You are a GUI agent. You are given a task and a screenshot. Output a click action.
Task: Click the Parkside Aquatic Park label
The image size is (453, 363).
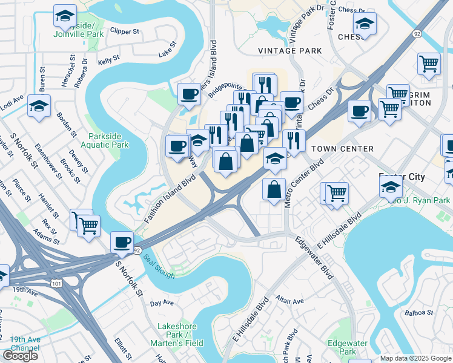[108, 140]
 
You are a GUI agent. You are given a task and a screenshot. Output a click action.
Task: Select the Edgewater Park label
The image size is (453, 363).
[348, 347]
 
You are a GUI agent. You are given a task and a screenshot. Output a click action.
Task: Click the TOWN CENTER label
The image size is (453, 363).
[342, 149]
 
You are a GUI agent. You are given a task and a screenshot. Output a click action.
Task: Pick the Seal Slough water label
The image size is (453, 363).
[159, 264]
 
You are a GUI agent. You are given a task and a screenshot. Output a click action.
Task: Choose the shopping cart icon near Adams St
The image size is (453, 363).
[88, 225]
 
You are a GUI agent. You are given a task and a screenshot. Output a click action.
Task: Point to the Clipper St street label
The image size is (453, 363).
[125, 30]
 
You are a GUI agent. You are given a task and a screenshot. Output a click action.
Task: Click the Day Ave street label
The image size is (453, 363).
[162, 302]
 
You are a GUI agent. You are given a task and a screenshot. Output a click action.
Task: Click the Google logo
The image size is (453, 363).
[21, 355]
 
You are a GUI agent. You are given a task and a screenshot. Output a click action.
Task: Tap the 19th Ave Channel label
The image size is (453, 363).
[25, 344]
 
